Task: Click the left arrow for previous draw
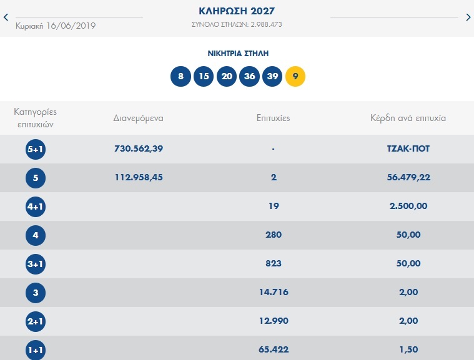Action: coord(6,17)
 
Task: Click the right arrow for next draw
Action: coord(468,17)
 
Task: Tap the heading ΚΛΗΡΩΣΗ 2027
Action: coord(237,11)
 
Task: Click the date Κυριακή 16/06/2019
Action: coord(56,26)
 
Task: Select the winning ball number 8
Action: coord(180,77)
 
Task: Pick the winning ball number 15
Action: coord(204,77)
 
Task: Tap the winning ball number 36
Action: coord(250,77)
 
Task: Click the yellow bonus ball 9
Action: coord(295,77)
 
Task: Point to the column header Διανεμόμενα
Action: coord(138,117)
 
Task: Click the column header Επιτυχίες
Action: coord(274,117)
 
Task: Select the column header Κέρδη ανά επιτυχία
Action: coord(408,117)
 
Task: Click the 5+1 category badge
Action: coord(36,149)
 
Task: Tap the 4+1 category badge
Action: coord(36,207)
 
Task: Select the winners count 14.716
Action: coord(274,292)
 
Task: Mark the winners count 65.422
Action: coord(274,349)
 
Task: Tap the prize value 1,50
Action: coord(408,349)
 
